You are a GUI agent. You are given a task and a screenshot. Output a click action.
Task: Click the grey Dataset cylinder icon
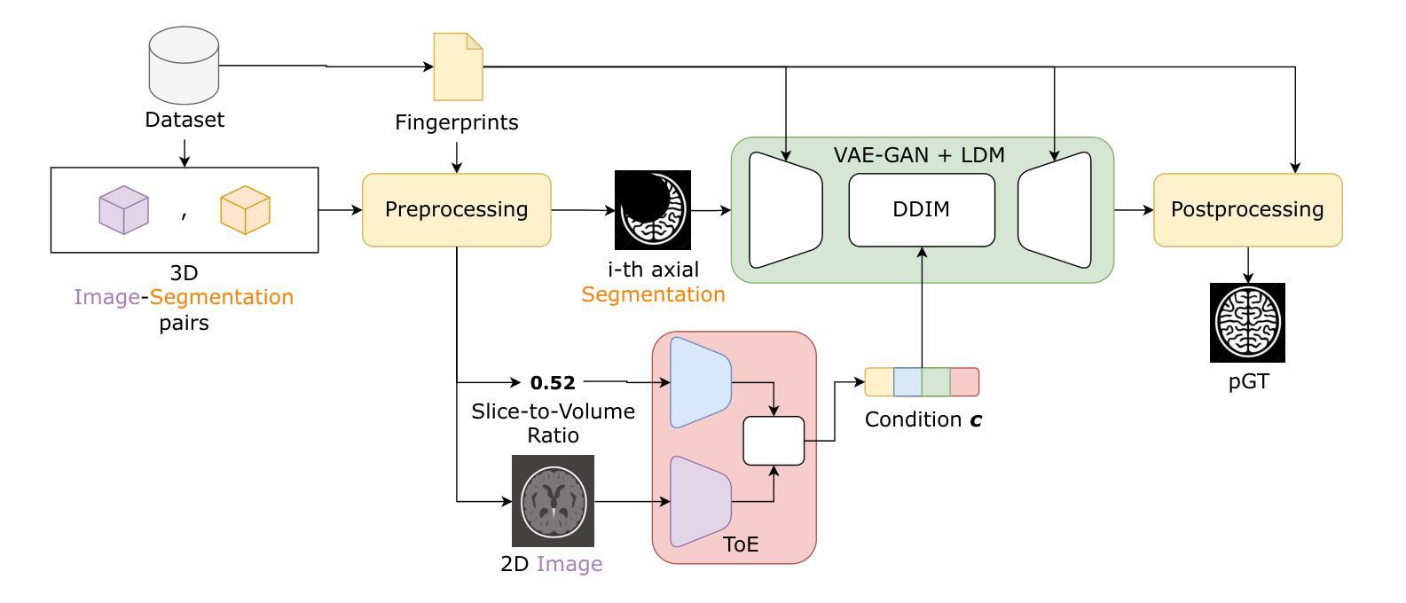click(184, 66)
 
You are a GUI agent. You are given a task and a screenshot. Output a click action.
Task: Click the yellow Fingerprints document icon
click(458, 67)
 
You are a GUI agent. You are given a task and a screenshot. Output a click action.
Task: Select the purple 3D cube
click(123, 210)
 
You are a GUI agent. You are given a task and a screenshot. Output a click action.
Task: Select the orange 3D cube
click(245, 210)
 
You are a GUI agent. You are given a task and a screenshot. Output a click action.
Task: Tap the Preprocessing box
click(456, 210)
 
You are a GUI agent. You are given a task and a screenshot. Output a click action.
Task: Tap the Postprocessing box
click(1247, 210)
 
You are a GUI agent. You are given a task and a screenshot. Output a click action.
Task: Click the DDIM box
click(922, 210)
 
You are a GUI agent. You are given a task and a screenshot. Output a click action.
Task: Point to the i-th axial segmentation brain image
click(653, 210)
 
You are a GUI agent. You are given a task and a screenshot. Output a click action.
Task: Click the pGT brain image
click(1247, 323)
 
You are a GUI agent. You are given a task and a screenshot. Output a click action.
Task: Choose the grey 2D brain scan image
click(553, 501)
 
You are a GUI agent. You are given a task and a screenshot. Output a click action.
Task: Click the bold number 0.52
click(553, 383)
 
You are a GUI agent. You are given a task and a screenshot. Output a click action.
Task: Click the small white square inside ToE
click(774, 441)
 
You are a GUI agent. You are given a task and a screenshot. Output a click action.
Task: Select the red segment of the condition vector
click(965, 382)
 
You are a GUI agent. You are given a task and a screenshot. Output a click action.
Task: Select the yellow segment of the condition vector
click(879, 382)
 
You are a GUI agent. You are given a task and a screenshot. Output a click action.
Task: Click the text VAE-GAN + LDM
click(919, 155)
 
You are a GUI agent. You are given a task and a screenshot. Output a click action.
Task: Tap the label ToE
click(741, 544)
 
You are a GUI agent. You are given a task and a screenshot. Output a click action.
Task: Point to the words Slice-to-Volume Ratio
click(553, 423)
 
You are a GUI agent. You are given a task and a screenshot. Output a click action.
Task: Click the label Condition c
click(923, 419)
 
